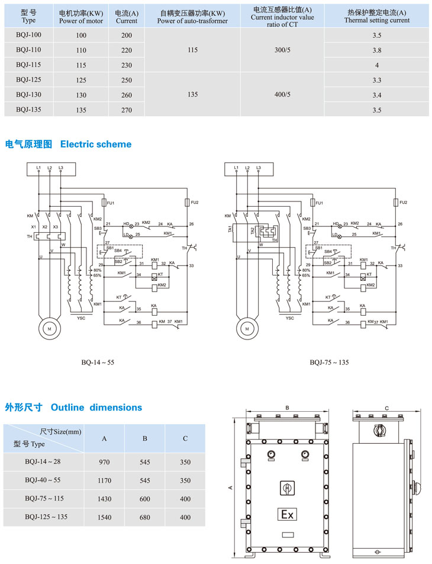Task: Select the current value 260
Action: [127, 95]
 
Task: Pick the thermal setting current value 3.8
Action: [376, 50]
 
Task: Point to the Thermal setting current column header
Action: [376, 16]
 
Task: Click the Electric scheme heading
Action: [68, 144]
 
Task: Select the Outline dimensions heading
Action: [73, 408]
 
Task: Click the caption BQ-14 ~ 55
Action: [98, 361]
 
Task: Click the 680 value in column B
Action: [144, 517]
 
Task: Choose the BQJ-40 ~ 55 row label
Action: [43, 480]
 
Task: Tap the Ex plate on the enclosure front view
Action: [287, 514]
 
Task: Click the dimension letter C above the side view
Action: [386, 408]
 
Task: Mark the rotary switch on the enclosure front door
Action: [287, 488]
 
